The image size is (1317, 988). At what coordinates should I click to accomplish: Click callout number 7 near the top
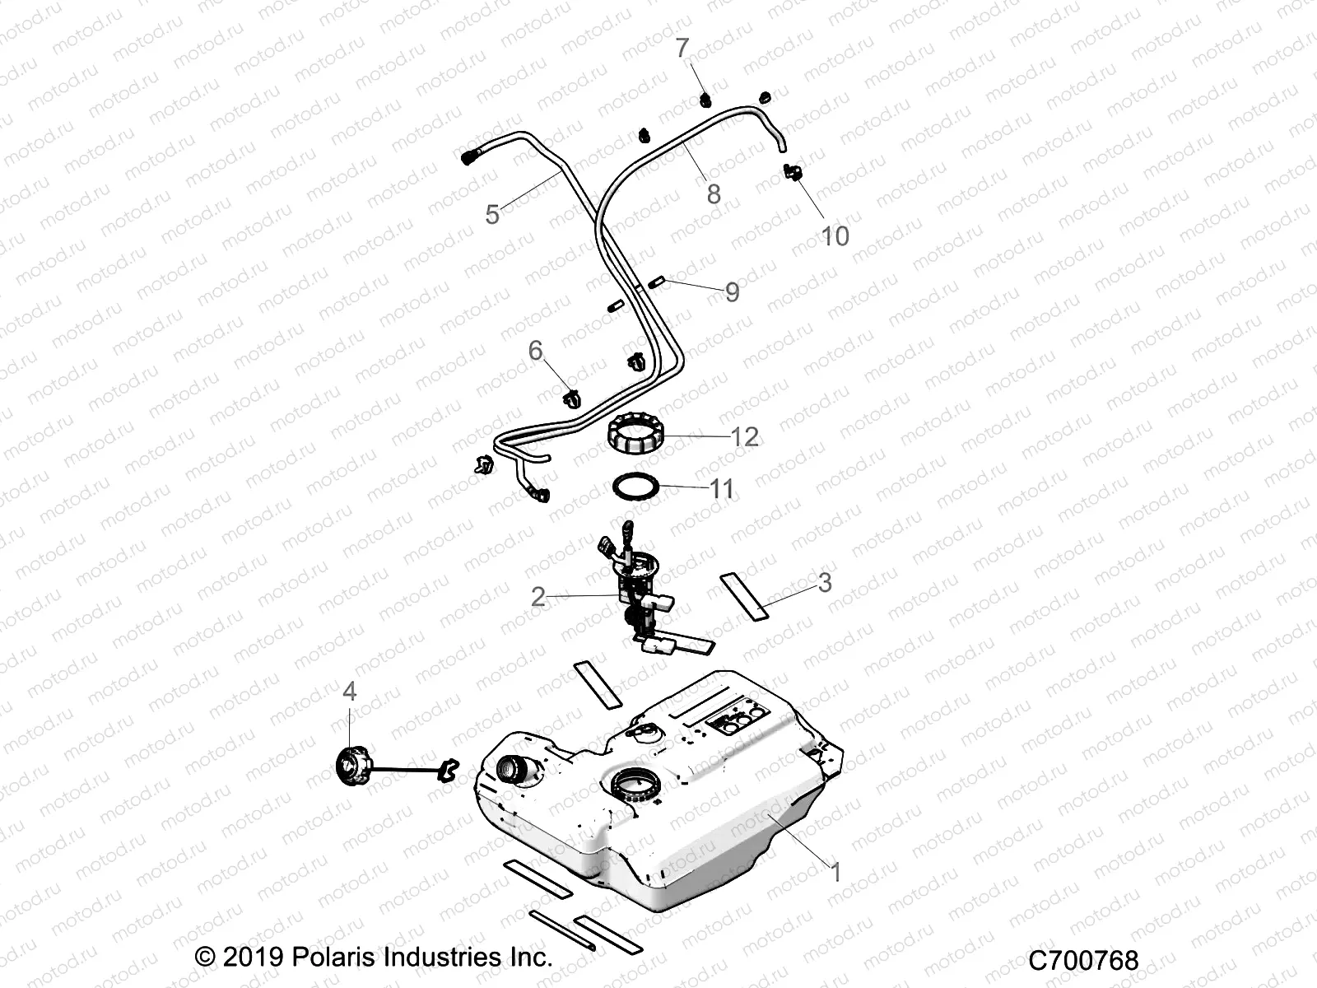682,49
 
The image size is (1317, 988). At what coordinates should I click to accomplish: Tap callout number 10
835,236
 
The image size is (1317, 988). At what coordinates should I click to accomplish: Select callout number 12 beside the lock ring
744,437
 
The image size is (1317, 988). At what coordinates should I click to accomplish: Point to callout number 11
722,489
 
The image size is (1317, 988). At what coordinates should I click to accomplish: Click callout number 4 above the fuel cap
350,692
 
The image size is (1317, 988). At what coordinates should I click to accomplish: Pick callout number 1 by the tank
836,872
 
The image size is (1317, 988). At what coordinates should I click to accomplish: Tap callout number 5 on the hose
492,215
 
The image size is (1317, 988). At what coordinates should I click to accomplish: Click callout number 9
732,291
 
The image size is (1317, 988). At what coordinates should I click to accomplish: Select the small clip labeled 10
792,174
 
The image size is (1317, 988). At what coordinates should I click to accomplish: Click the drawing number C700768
1083,960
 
